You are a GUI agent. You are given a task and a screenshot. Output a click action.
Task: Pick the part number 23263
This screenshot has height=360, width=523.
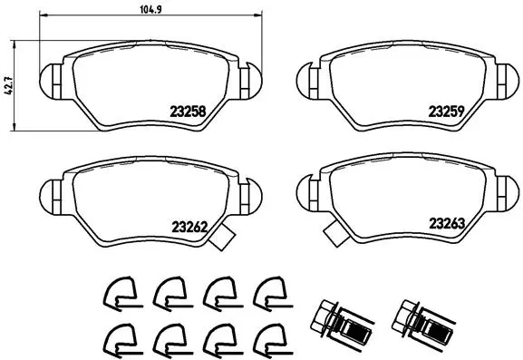(x=446, y=222)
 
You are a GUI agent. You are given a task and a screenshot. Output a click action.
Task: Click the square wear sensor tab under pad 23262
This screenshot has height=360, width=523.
(x=220, y=242)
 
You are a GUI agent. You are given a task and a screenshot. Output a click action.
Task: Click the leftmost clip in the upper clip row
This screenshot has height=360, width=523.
(x=117, y=291)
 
